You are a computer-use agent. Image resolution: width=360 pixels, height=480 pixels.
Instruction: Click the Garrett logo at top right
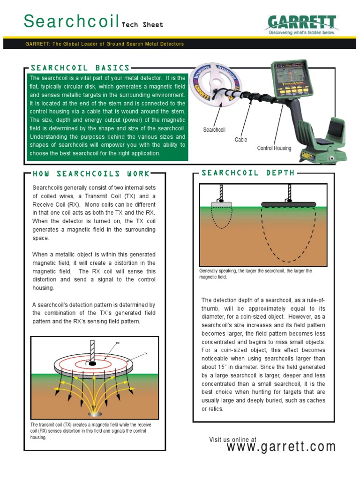(302, 23)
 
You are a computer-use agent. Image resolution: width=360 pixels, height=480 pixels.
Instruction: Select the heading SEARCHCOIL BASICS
(80, 68)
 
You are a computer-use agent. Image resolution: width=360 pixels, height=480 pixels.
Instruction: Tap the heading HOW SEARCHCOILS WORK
(91, 174)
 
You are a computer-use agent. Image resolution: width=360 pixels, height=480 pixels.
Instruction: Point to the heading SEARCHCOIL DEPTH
(248, 172)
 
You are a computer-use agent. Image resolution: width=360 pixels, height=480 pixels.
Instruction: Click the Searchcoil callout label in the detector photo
(214, 129)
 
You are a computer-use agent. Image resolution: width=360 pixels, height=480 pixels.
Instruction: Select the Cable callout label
(241, 140)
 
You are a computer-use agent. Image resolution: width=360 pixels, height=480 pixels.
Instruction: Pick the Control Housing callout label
(274, 148)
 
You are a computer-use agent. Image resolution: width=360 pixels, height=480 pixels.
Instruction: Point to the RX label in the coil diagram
(118, 344)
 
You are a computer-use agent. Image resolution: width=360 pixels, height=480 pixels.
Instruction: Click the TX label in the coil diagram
(145, 354)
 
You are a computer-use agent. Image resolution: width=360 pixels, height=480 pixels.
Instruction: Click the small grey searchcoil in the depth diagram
(222, 204)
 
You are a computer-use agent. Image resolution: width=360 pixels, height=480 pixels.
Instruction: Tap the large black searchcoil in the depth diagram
(288, 204)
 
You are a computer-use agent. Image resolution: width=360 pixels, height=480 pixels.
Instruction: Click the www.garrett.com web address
(281, 447)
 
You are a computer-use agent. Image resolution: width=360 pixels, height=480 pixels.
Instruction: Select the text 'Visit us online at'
(232, 439)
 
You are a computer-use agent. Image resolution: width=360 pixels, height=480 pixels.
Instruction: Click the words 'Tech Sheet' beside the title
(142, 25)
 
